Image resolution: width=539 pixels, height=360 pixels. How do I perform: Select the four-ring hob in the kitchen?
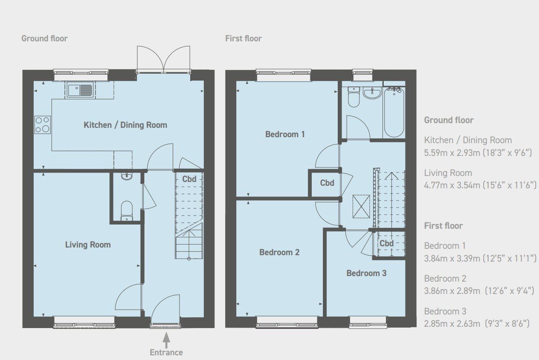[x=42, y=125]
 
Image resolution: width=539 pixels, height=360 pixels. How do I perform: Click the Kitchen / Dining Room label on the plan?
[x=125, y=125]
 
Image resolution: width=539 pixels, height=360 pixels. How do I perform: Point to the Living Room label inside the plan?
[x=87, y=245]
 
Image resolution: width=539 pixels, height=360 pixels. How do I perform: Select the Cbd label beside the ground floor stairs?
[x=189, y=179]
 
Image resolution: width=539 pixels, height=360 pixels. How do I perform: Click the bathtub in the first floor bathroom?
[x=394, y=112]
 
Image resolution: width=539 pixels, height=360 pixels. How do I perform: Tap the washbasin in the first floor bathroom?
[x=373, y=92]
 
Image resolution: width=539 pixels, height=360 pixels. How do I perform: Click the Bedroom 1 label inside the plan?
[x=285, y=134]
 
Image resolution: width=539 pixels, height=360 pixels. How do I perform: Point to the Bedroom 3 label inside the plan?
[x=366, y=273]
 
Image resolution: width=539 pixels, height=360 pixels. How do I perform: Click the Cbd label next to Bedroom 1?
[x=327, y=183]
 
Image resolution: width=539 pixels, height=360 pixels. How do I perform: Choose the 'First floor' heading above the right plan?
[x=243, y=38]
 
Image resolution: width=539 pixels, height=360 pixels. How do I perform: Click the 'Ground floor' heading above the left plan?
[x=44, y=38]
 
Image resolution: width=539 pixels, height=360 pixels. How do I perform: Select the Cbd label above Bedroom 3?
[x=386, y=243]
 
